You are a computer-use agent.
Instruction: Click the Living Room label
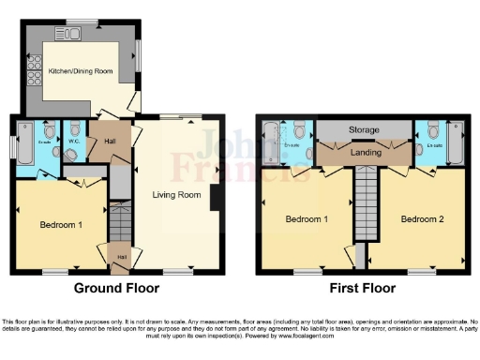177,195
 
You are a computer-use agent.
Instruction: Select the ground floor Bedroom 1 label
60,225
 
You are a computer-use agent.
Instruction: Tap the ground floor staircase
119,225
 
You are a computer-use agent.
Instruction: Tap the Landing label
365,152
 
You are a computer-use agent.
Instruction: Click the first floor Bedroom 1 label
307,219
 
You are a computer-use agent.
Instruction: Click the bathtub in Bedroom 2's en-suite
457,141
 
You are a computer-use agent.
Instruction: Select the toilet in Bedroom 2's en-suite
430,129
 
